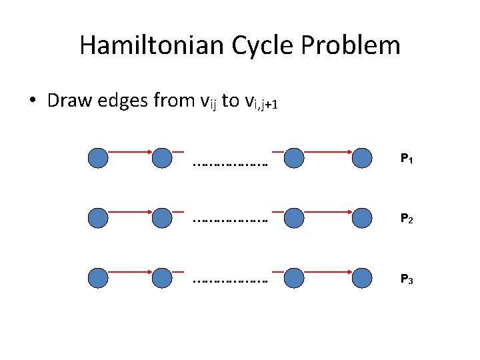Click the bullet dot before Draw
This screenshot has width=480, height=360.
click(x=33, y=101)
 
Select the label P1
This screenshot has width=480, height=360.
click(x=406, y=159)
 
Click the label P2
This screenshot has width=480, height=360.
click(x=406, y=218)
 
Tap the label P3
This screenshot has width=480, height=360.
click(x=406, y=278)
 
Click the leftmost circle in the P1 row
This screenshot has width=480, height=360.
click(x=98, y=158)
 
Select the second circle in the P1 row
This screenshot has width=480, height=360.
click(x=162, y=158)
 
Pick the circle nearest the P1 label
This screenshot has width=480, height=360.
click(x=362, y=158)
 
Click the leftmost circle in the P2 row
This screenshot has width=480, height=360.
click(x=98, y=217)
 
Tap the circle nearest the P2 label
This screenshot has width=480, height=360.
click(x=362, y=217)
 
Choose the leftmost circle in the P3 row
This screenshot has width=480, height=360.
click(x=98, y=277)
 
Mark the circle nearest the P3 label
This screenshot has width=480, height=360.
click(x=362, y=277)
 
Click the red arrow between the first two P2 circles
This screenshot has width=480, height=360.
click(x=130, y=211)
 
